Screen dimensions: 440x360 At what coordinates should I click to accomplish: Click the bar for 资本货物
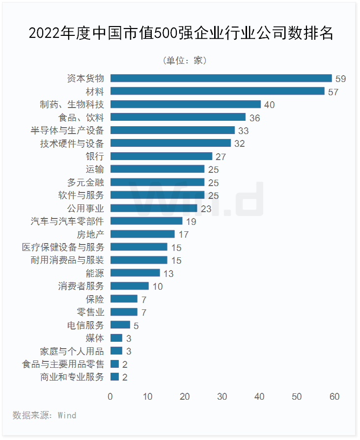tap(221, 78)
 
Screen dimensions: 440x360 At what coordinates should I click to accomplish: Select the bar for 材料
tap(218, 91)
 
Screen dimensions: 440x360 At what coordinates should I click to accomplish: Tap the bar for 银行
tap(161, 156)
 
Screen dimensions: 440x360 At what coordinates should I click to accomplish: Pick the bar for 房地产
tap(142, 234)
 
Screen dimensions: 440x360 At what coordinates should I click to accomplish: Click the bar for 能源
tap(135, 273)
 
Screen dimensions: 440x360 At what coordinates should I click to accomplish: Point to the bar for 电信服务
tap(120, 325)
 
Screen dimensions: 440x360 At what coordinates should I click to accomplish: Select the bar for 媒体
tap(116, 338)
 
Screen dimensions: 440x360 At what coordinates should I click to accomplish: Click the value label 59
tap(341, 79)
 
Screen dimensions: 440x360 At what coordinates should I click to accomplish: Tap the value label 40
tap(269, 105)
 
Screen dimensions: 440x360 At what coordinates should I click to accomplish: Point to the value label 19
tap(191, 221)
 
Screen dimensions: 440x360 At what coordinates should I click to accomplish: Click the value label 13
tap(168, 274)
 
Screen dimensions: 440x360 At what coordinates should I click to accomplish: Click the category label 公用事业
tap(86, 208)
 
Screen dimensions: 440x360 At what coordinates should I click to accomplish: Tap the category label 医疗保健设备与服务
tap(63, 247)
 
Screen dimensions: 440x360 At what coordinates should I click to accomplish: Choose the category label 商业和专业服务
tap(72, 377)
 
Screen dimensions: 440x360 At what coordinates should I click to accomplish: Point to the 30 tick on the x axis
tap(222, 397)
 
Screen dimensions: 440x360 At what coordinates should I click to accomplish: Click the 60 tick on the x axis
tap(334, 397)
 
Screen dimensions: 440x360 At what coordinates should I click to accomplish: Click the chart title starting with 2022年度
tap(180, 33)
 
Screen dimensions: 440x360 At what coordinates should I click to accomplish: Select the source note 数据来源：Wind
tap(44, 415)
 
